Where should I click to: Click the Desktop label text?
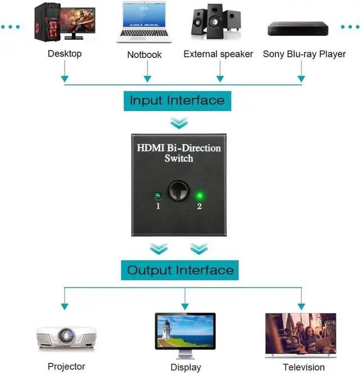tap(65, 53)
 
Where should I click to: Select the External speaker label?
tap(218, 54)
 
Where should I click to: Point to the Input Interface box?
tap(177, 101)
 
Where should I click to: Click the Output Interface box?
tap(179, 270)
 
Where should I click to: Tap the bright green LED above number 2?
tap(199, 196)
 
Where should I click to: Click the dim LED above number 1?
tap(158, 196)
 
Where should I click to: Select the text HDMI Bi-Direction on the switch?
tap(179, 148)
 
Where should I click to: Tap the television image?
tap(300, 334)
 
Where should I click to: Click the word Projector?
tap(66, 367)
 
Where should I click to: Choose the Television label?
tap(304, 367)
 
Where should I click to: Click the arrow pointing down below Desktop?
tap(65, 77)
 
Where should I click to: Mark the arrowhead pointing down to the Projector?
tap(65, 305)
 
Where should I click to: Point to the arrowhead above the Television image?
tap(301, 305)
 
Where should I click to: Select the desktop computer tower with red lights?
tap(47, 22)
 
